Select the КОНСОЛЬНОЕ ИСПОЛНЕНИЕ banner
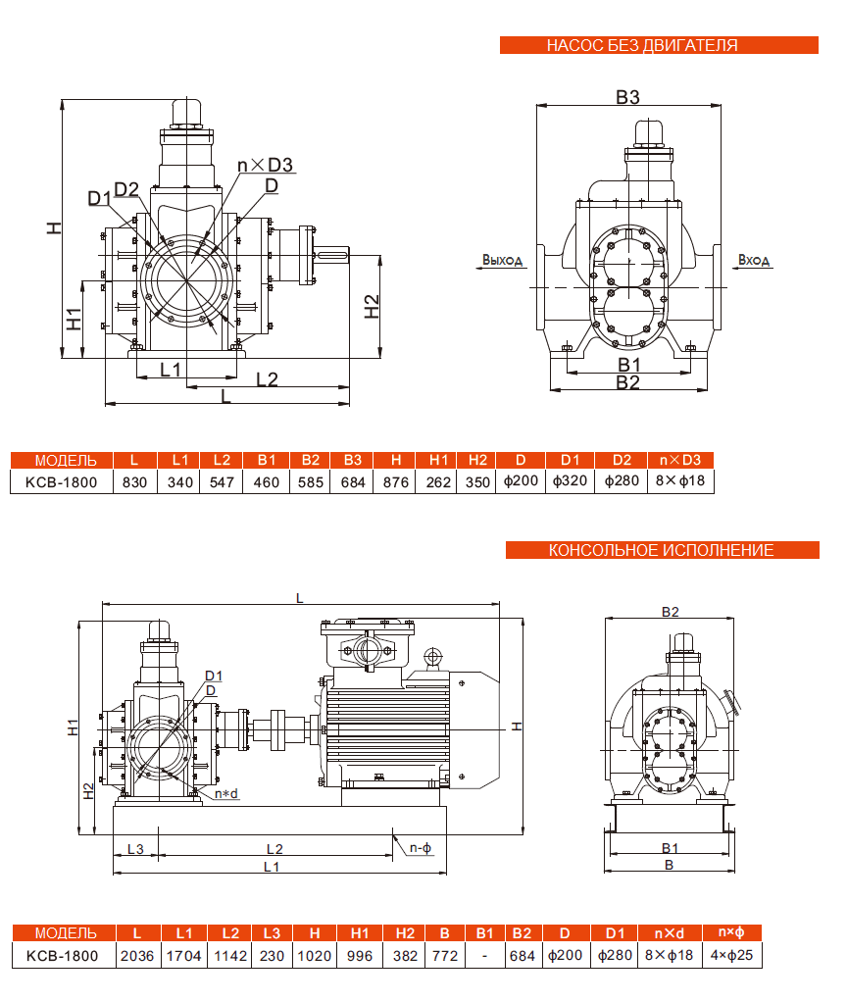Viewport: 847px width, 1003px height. click(661, 550)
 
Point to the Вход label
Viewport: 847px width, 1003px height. click(754, 261)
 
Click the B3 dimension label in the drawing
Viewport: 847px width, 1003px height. click(627, 97)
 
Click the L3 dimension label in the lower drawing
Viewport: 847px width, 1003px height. click(135, 848)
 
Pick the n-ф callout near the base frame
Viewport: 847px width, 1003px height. click(421, 848)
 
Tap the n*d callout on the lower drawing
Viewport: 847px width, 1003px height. click(225, 793)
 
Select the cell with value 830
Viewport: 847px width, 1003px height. click(135, 482)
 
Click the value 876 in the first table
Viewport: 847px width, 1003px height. click(396, 482)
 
